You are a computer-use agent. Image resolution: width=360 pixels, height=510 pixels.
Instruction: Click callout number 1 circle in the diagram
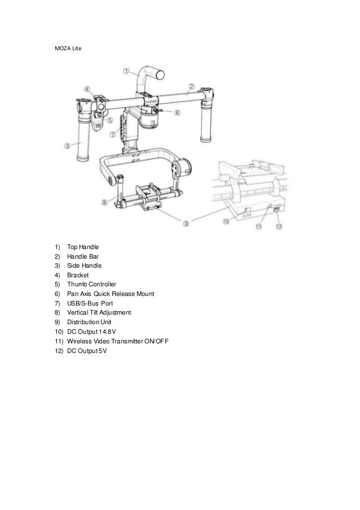click(x=126, y=71)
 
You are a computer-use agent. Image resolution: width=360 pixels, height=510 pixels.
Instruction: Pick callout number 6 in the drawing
click(x=177, y=112)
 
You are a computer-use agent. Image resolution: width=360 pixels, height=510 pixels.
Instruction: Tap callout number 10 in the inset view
click(x=226, y=222)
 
